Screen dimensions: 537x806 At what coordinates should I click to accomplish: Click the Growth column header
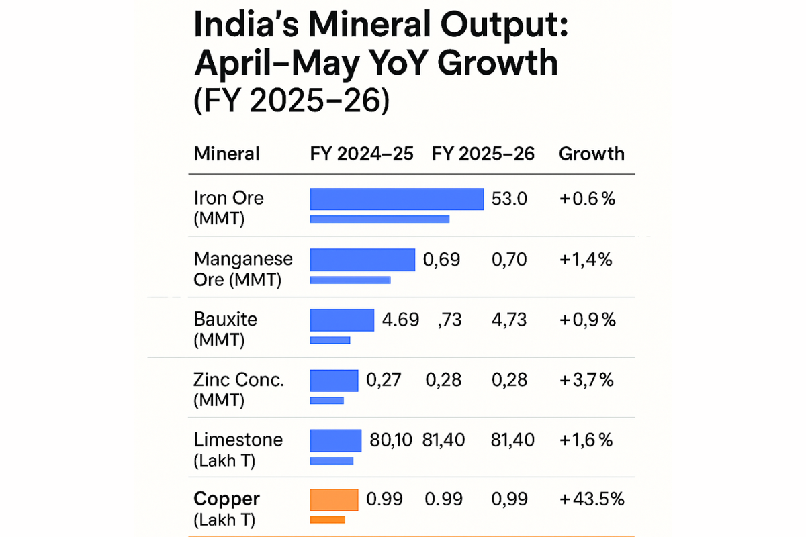(x=591, y=154)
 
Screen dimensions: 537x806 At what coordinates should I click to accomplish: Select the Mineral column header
(x=226, y=154)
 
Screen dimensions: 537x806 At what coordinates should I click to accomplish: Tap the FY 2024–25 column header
(x=361, y=154)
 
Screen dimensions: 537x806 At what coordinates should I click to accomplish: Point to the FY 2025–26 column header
(x=484, y=154)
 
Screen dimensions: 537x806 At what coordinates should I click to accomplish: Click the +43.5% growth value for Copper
(x=591, y=499)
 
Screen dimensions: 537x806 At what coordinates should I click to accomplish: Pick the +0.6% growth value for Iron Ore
(x=587, y=199)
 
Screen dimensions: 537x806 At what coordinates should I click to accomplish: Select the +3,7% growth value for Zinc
(x=586, y=380)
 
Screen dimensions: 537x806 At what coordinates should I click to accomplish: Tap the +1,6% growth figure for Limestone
(x=586, y=440)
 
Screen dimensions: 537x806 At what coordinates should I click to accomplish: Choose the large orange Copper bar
(x=334, y=500)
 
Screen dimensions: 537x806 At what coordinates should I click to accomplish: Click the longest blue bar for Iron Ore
(x=396, y=199)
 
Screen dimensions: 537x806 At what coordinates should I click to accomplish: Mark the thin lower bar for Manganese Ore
(x=350, y=280)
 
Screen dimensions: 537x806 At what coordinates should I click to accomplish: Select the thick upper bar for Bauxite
(x=342, y=320)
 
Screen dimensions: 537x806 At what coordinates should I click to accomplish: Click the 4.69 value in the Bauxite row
(x=400, y=320)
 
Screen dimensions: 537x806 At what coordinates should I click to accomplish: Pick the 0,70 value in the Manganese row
(x=509, y=259)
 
